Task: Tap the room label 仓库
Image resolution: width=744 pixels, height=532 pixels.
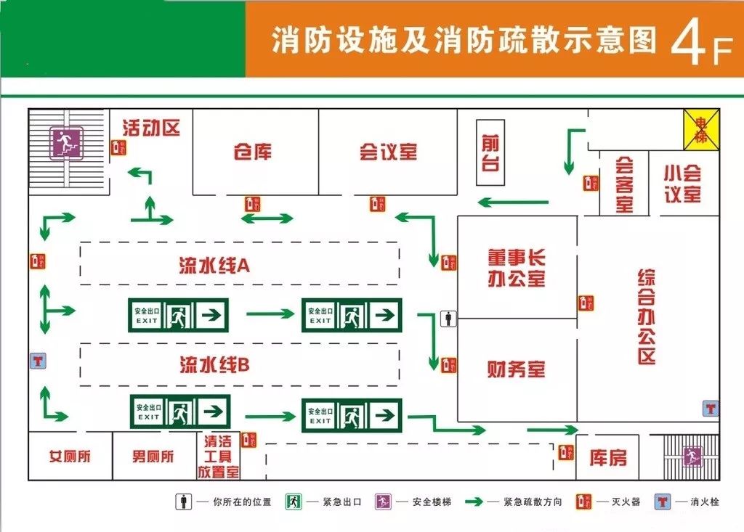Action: pyautogui.click(x=253, y=152)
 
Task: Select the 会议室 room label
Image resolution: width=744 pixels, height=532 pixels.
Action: pyautogui.click(x=388, y=152)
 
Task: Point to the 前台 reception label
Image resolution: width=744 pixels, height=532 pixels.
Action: pyautogui.click(x=491, y=152)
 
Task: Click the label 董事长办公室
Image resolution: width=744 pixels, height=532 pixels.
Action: pyautogui.click(x=517, y=267)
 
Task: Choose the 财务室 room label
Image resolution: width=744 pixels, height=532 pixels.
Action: pyautogui.click(x=517, y=369)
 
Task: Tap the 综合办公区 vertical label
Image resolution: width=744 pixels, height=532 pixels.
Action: pyautogui.click(x=647, y=316)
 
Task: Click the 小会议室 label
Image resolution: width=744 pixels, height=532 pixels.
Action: pyautogui.click(x=682, y=183)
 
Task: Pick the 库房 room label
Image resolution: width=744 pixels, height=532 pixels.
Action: pyautogui.click(x=607, y=458)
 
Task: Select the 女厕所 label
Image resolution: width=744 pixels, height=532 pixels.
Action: pyautogui.click(x=70, y=457)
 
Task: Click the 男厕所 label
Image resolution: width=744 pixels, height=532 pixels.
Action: pyautogui.click(x=153, y=457)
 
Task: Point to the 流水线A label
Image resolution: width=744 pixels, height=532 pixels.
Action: pyautogui.click(x=214, y=266)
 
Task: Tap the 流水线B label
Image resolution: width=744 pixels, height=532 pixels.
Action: pyautogui.click(x=214, y=364)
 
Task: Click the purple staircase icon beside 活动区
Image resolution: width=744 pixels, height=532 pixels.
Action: pyautogui.click(x=66, y=143)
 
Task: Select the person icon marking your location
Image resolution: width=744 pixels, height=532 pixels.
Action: pyautogui.click(x=450, y=318)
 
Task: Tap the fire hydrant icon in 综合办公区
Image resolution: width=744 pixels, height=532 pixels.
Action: pyautogui.click(x=711, y=409)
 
